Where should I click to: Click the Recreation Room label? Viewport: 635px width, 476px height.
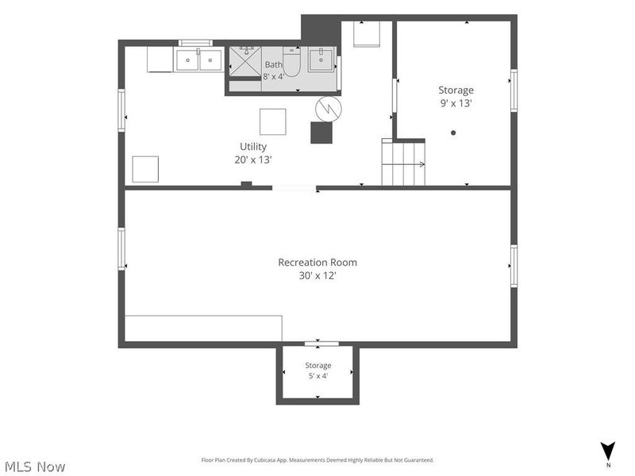click(x=317, y=263)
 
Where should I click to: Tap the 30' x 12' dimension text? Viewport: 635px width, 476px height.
click(x=317, y=275)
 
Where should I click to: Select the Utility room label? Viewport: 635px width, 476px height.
click(x=253, y=147)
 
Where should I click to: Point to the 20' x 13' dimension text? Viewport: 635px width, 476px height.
click(x=252, y=160)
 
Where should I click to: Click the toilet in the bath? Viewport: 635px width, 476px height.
click(x=291, y=62)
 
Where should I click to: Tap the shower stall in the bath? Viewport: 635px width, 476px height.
click(x=245, y=61)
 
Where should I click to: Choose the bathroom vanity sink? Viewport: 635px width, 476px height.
click(x=321, y=59)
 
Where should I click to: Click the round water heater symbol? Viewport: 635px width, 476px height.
click(x=329, y=109)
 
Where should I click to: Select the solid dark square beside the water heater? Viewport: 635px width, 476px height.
click(x=321, y=132)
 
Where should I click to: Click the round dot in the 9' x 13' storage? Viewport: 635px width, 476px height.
click(x=453, y=132)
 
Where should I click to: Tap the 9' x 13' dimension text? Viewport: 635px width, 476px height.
click(x=456, y=103)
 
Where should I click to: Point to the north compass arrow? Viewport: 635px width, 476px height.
click(x=608, y=451)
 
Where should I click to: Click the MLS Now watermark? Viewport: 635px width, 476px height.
click(x=35, y=466)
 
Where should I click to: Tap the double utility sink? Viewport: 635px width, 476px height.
click(x=198, y=60)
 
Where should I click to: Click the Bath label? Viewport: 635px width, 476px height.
click(x=273, y=64)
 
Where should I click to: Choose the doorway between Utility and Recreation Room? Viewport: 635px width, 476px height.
click(x=294, y=188)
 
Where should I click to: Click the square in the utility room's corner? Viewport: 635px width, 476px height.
click(x=145, y=169)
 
